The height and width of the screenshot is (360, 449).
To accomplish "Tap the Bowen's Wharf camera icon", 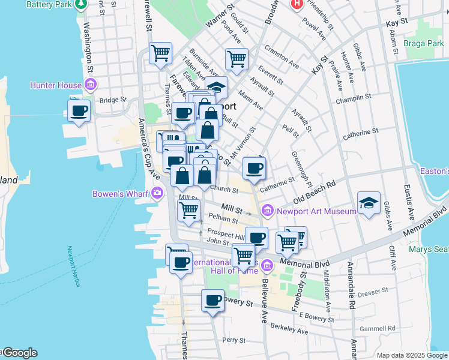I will click(157, 193).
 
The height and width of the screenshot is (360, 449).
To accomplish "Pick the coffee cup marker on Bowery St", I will click(212, 301).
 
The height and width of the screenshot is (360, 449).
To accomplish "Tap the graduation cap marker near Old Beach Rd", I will click(369, 203).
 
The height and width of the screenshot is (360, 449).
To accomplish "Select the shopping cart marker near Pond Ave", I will click(237, 59).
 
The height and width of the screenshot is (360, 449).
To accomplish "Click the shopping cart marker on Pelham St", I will click(189, 211).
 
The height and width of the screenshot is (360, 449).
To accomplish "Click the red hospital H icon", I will click(296, 4).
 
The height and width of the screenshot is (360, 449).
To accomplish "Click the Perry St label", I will click(231, 340).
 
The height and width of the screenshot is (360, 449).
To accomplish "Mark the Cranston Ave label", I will click(281, 59).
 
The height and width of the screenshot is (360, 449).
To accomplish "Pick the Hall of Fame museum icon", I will click(267, 265).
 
